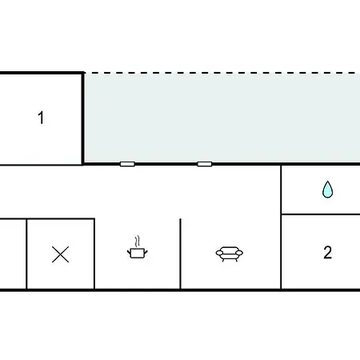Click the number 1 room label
pyautogui.click(x=41, y=118)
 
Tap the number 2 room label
pyautogui.click(x=328, y=252)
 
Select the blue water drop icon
pyautogui.click(x=327, y=190)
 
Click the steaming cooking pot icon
pyautogui.click(x=138, y=247)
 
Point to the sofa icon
pyautogui.click(x=230, y=254)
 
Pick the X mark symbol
pyautogui.click(x=60, y=254)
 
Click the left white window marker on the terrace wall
pyautogui.click(x=127, y=164)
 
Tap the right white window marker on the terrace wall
pyautogui.click(x=205, y=164)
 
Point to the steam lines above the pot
pyautogui.click(x=137, y=242)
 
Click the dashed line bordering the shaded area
pyautogui.click(x=222, y=73)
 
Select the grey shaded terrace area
pyautogui.click(x=222, y=118)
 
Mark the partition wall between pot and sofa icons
pyautogui.click(x=180, y=254)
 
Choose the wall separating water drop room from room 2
pyautogui.click(x=321, y=214)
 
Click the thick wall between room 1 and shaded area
pyautogui.click(x=82, y=118)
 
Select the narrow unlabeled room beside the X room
pyautogui.click(x=13, y=254)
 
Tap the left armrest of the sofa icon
pyautogui.click(x=219, y=252)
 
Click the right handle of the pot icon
pyautogui.click(x=146, y=251)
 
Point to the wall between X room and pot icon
pyautogui.click(x=94, y=254)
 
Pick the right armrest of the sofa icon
pyautogui.click(x=239, y=252)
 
